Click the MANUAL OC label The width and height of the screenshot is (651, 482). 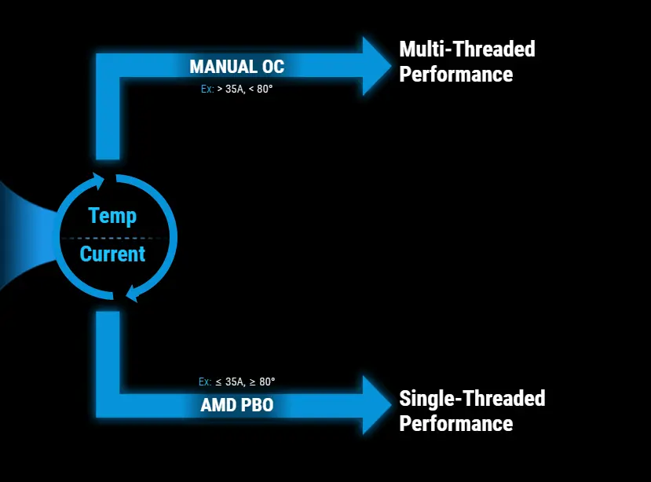[x=236, y=67]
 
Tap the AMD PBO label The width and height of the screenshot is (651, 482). [x=236, y=406]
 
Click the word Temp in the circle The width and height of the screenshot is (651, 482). [x=112, y=215]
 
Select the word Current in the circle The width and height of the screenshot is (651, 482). [x=112, y=254]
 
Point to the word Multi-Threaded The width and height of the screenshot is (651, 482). [x=467, y=49]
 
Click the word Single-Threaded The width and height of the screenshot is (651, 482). [x=472, y=398]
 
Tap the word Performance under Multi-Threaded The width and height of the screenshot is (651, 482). [x=455, y=75]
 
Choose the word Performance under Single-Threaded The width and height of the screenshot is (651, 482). [x=455, y=424]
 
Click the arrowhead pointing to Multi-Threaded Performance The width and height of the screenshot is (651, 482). [x=375, y=66]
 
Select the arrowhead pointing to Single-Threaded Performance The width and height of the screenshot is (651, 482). [x=375, y=405]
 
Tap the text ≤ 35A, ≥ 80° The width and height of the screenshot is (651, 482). [x=245, y=382]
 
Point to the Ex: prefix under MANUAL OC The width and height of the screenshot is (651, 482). [x=207, y=89]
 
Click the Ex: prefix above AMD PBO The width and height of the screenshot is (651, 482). [x=205, y=382]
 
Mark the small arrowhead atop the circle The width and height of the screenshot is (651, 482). [x=97, y=181]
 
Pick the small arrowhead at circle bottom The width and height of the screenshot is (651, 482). [x=130, y=294]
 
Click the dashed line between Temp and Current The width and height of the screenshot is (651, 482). [x=112, y=237]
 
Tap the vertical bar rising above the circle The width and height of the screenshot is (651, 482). [x=108, y=118]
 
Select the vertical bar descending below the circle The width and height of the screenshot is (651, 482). [x=108, y=353]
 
